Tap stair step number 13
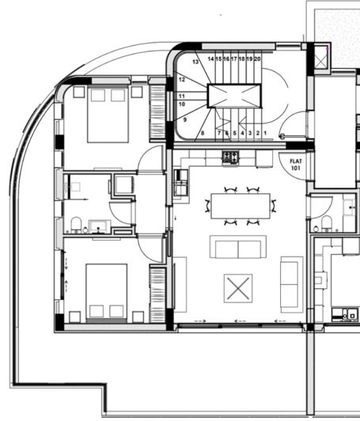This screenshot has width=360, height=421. [195, 61]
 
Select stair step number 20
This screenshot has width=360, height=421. [258, 59]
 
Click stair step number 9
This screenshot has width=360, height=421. [185, 119]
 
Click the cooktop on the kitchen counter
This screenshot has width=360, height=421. [230, 157]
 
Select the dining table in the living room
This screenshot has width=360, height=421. [241, 206]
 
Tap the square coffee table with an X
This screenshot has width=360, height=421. [237, 287]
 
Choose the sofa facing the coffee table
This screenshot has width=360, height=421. [237, 247]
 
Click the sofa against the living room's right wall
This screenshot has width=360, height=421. [291, 283]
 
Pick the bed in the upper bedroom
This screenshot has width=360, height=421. [108, 114]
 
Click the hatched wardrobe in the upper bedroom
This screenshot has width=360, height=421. [157, 112]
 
